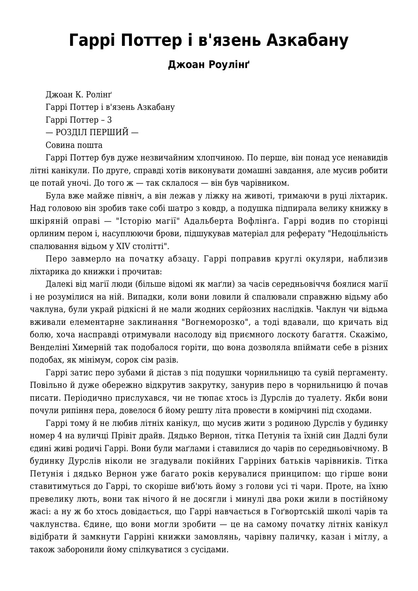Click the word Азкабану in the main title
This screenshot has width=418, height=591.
tap(307, 40)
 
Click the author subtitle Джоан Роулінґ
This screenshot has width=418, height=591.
tap(209, 64)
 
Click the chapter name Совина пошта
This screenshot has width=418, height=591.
tap(74, 145)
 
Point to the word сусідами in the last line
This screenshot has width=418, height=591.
tap(210, 550)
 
